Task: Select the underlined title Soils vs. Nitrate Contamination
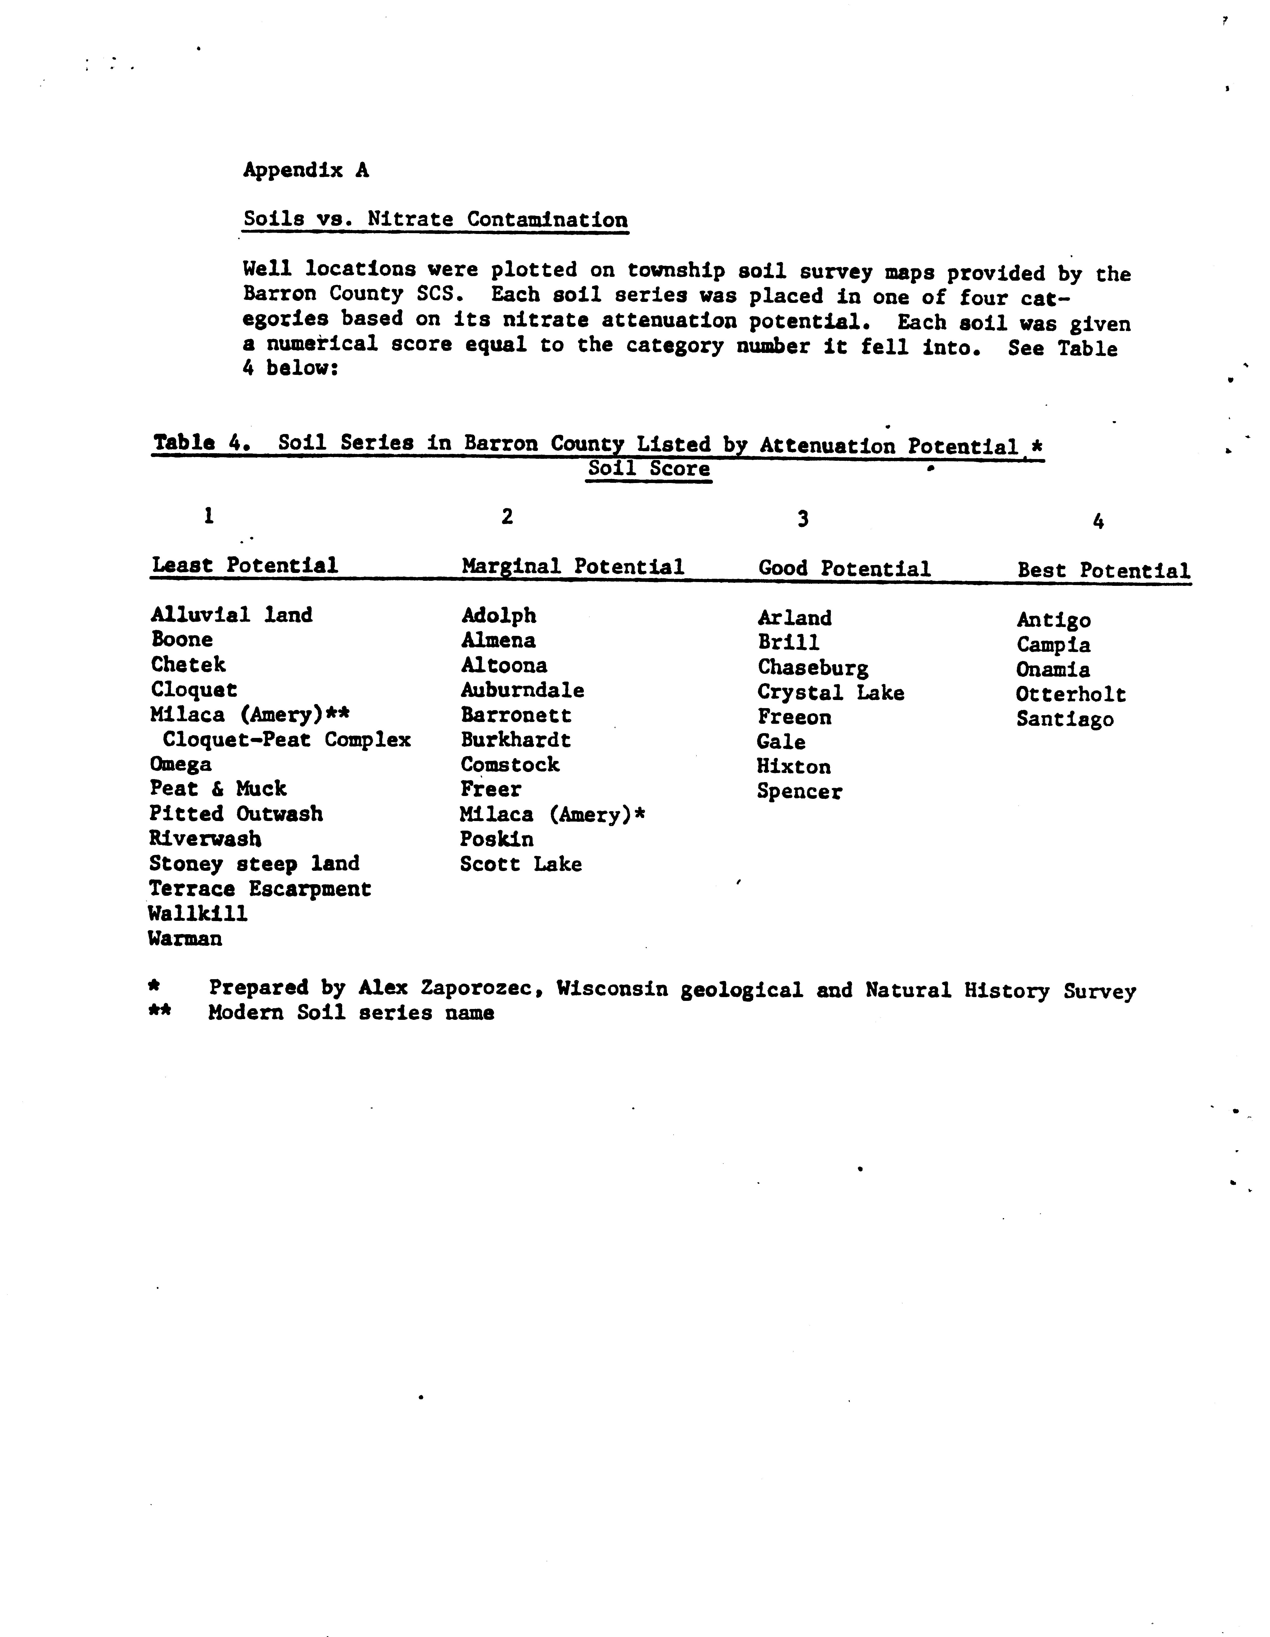click(x=435, y=220)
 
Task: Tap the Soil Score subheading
click(x=649, y=469)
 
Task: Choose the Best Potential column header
click(x=1103, y=571)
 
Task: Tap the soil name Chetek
click(x=188, y=665)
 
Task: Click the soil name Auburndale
click(x=522, y=690)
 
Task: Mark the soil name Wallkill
click(x=198, y=914)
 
